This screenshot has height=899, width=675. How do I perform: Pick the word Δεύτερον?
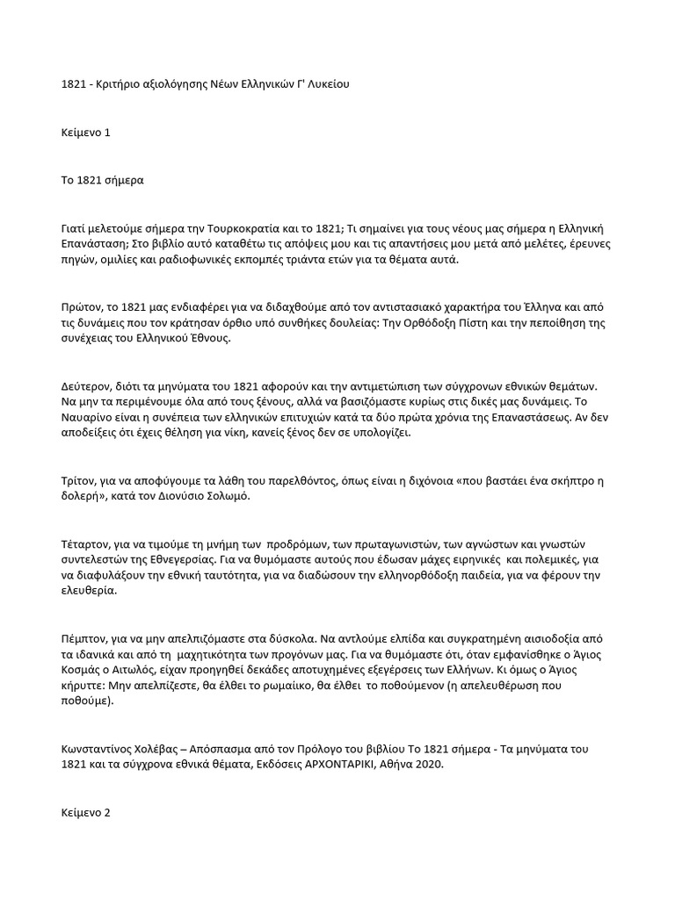coord(76,386)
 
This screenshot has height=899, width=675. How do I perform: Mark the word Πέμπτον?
coord(74,639)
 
